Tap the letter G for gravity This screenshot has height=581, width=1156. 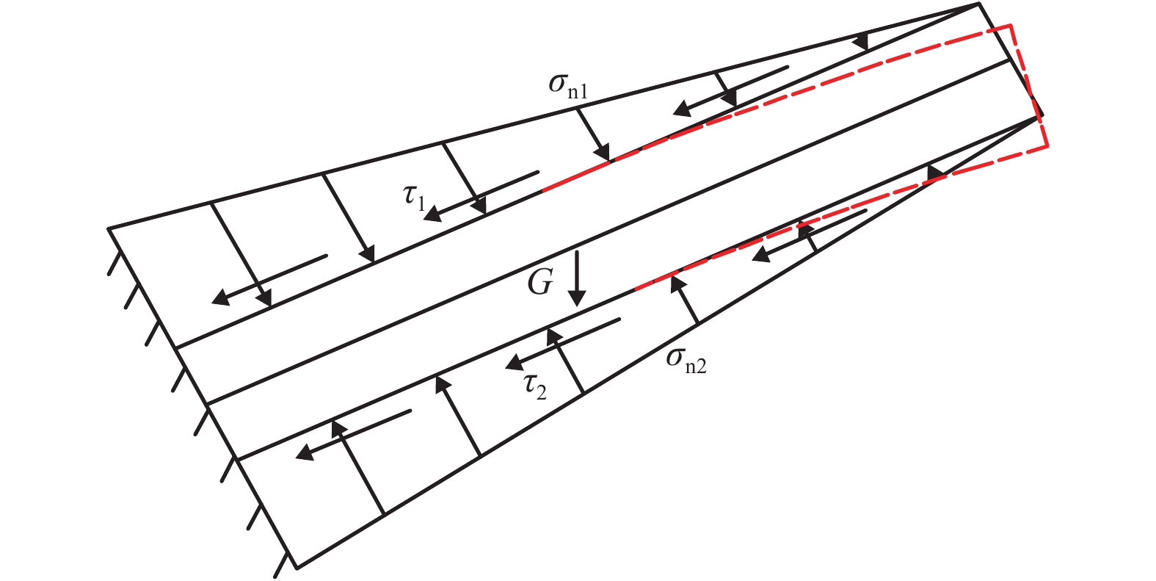[539, 283]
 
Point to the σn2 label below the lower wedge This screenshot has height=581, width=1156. [686, 360]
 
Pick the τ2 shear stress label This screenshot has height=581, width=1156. [535, 386]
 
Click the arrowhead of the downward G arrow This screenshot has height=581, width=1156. [578, 297]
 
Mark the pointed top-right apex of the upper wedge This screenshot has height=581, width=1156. [979, 4]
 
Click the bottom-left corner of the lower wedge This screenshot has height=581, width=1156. [297, 567]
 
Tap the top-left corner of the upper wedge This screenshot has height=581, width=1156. [109, 228]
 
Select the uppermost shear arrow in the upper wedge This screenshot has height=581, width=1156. [731, 91]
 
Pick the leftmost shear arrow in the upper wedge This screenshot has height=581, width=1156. [269, 278]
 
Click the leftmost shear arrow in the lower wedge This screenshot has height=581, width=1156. [353, 433]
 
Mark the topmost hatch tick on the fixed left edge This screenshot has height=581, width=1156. [114, 261]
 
